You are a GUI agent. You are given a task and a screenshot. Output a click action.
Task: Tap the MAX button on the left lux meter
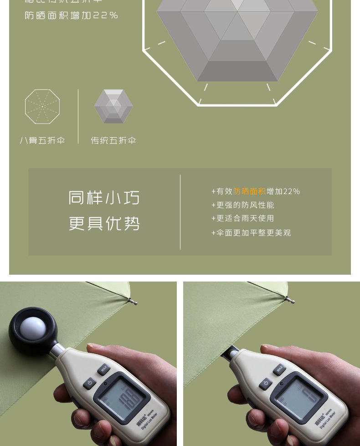[104, 369]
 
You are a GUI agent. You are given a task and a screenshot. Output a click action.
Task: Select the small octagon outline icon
[42, 107]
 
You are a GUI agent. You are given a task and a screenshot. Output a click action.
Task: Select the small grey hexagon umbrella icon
[113, 107]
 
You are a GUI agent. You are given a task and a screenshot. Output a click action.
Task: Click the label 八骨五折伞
[42, 140]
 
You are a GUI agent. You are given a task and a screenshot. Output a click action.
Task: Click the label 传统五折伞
[113, 140]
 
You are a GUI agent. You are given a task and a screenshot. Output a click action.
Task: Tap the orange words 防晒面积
[249, 192]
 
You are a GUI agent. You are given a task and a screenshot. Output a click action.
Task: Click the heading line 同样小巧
[104, 198]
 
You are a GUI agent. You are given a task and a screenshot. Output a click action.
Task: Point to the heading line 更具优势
[104, 224]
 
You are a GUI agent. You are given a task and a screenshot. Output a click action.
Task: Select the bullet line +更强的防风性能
[243, 205]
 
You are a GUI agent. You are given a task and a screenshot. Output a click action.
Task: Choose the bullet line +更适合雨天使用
[243, 219]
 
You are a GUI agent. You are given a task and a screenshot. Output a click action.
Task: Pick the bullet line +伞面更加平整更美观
[251, 233]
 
